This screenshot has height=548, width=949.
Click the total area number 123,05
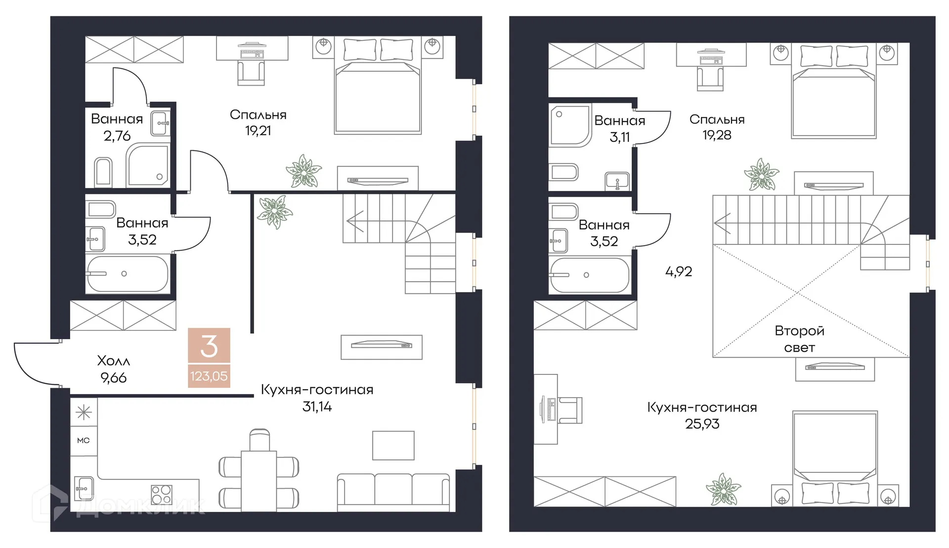pos(209,376)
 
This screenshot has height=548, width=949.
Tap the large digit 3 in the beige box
pos(209,346)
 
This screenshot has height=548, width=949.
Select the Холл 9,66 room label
pos(113,369)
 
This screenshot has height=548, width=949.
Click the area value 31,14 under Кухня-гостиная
pos(317,407)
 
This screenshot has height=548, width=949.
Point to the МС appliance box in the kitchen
pos(84,440)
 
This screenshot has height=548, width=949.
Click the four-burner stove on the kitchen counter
pos(161,494)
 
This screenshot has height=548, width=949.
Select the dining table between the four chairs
pos(259,480)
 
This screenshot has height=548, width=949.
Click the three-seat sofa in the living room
pos(393,492)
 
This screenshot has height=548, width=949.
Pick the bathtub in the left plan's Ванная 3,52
pos(127,274)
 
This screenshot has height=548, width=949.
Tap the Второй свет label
pos(799,339)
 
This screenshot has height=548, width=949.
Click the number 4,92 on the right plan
pos(679,271)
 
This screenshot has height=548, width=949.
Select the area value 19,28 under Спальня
pos(717,135)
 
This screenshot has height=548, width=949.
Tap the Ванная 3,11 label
pos(619,129)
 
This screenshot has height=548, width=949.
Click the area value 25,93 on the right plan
pos(702,424)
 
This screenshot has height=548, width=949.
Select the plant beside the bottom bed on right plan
pos(723,489)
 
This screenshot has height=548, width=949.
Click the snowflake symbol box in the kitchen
pos(84,412)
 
